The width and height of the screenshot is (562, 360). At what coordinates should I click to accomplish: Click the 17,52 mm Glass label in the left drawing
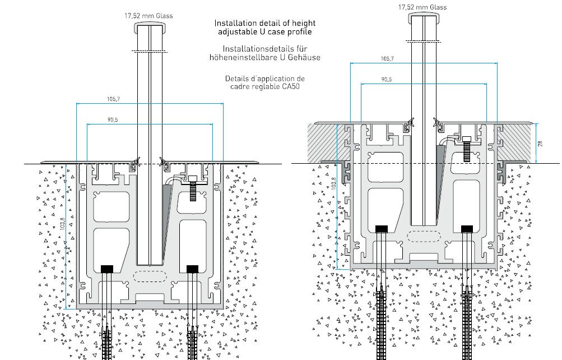point(148,16)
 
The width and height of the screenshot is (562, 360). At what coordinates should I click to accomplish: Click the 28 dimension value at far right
point(540,143)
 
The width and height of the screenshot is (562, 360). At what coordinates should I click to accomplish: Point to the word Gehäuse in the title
point(304,58)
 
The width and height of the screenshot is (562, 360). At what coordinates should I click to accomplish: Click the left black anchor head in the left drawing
point(107,269)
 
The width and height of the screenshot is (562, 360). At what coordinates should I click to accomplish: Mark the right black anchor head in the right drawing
point(467,228)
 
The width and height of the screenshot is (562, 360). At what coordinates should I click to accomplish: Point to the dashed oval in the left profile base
point(150,276)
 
